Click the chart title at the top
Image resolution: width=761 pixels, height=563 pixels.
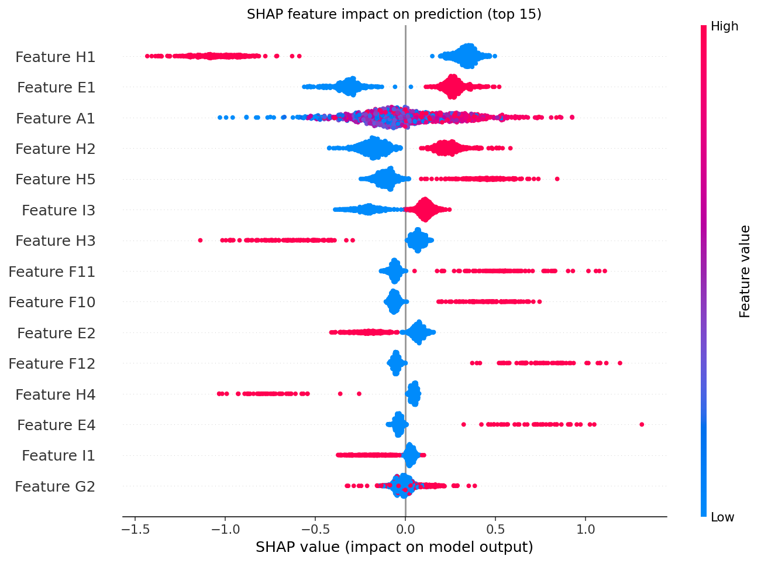tap(394, 15)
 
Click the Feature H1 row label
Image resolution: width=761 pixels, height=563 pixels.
tap(55, 57)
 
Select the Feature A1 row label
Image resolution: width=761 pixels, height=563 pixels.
tap(55, 118)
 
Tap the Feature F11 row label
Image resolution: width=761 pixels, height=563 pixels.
tap(51, 272)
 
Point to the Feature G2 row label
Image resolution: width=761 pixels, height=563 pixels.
tap(55, 486)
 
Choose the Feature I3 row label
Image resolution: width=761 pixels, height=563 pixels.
tap(58, 210)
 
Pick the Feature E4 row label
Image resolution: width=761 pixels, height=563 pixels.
tap(56, 425)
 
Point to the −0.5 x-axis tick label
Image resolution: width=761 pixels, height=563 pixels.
tap(316, 529)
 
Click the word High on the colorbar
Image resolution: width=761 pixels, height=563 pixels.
tap(724, 26)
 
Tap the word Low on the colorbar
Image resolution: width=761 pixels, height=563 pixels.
tap(722, 517)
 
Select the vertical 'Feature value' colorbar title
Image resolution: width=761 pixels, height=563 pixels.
tap(745, 272)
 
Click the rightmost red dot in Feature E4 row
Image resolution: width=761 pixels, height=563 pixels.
tap(642, 425)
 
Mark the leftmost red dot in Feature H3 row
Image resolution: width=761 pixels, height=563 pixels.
tap(201, 241)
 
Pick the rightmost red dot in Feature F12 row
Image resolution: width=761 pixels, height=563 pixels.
tap(619, 363)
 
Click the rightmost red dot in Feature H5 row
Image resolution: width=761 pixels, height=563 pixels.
tap(557, 179)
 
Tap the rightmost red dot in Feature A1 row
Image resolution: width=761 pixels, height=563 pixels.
tap(572, 118)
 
